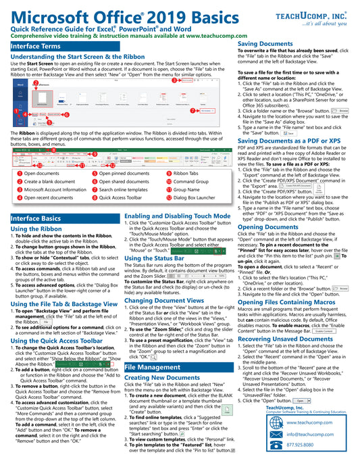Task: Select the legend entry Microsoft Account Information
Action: [54, 189]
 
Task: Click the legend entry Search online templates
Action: [124, 189]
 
